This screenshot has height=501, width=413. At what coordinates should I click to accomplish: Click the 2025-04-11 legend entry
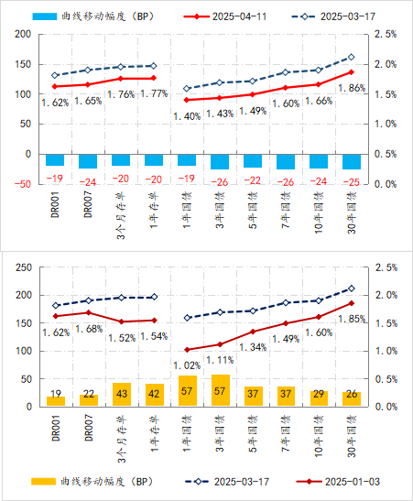click(x=225, y=16)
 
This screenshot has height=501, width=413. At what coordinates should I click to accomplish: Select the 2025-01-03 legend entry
click(x=338, y=482)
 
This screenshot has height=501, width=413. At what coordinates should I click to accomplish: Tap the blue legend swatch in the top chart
click(x=44, y=16)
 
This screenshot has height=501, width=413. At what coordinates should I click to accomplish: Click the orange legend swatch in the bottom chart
click(x=43, y=482)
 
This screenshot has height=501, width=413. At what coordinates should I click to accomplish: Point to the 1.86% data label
click(x=352, y=88)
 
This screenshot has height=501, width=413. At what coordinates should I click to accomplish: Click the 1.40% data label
click(x=187, y=116)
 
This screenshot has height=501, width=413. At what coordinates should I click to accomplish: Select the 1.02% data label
click(x=187, y=365)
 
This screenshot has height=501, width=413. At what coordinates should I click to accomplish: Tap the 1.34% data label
click(x=253, y=347)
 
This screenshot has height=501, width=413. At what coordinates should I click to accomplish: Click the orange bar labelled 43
click(x=122, y=394)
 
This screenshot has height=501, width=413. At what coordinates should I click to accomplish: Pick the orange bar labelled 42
click(x=155, y=395)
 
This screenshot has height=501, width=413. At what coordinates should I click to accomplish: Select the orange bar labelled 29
click(x=319, y=398)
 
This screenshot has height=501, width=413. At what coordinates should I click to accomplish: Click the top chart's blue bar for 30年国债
click(x=352, y=162)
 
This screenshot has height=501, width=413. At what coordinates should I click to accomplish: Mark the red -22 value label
click(x=253, y=180)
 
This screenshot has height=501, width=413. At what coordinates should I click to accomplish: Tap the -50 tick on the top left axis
click(x=23, y=184)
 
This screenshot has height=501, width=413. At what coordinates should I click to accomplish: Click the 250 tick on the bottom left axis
click(x=24, y=267)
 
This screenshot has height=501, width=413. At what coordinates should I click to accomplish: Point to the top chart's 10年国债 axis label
click(x=319, y=212)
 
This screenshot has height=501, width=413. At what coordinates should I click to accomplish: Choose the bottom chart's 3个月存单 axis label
click(x=122, y=439)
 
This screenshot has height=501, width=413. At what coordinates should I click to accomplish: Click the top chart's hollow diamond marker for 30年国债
click(x=352, y=57)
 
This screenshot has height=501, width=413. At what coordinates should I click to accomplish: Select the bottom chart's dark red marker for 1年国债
click(x=188, y=350)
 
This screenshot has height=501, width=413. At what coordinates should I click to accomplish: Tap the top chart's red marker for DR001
click(x=55, y=86)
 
